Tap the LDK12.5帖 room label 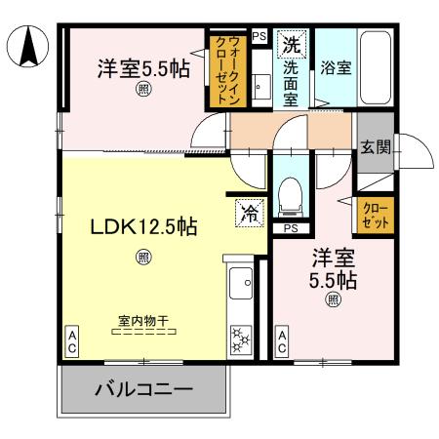click(x=143, y=226)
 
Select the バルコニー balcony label click(x=143, y=390)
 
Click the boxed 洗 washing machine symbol click(x=291, y=43)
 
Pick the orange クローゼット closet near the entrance click(x=375, y=216)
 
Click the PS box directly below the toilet click(x=290, y=228)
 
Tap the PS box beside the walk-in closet click(x=259, y=37)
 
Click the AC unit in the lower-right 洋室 click(x=281, y=340)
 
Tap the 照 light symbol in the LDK click(x=143, y=258)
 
